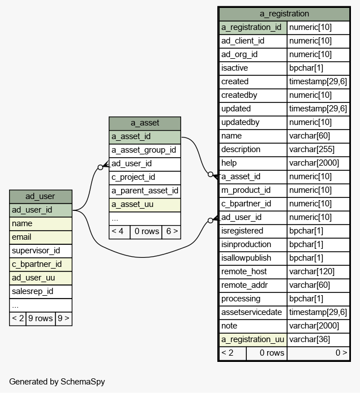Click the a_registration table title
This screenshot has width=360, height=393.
pyautogui.click(x=284, y=14)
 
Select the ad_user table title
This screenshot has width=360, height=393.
pyautogui.click(x=40, y=196)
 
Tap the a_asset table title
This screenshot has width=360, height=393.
pyautogui.click(x=145, y=123)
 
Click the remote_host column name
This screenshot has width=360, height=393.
pyautogui.click(x=244, y=271)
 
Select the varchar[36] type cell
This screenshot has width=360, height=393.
pyautogui.click(x=318, y=339)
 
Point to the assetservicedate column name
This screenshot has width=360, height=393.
pyautogui.click(x=251, y=312)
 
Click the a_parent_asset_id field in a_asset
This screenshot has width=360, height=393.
pyautogui.click(x=145, y=191)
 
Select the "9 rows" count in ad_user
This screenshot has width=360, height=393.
pyautogui.click(x=40, y=318)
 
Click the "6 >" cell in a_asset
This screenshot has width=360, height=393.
pyautogui.click(x=172, y=232)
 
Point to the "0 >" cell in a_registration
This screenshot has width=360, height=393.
pyautogui.click(x=318, y=353)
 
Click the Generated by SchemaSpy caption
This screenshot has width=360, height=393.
pyautogui.click(x=57, y=382)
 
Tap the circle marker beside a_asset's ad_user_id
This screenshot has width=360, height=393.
pyautogui.click(x=100, y=167)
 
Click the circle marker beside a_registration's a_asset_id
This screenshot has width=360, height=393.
pyautogui.click(x=211, y=174)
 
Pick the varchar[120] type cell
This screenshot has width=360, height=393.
pyautogui.click(x=318, y=271)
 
